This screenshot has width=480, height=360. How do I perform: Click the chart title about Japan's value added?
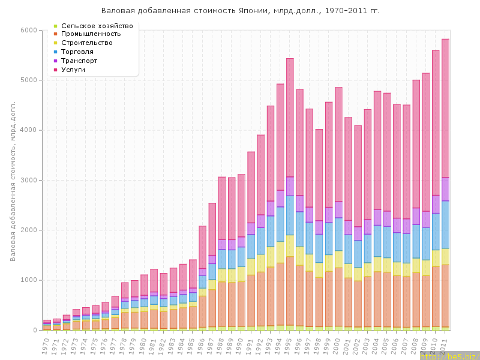click(240, 11)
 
